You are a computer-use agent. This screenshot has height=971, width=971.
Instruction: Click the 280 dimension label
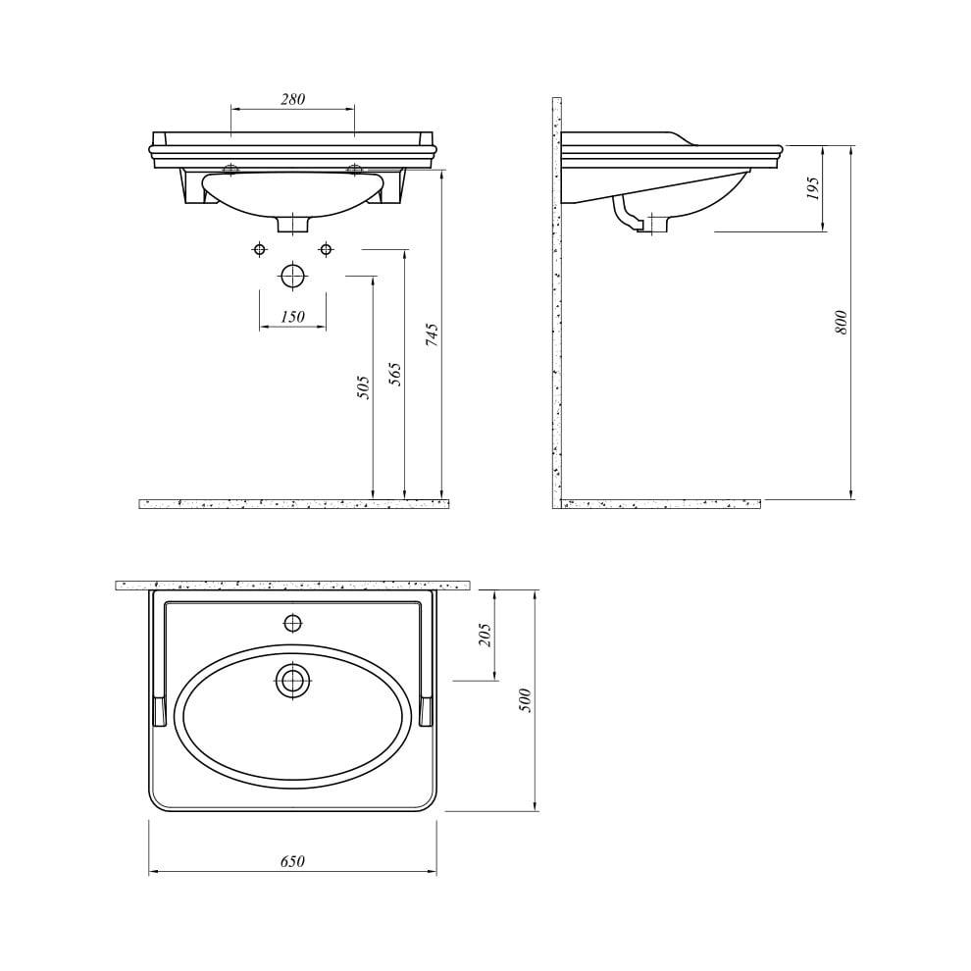292,99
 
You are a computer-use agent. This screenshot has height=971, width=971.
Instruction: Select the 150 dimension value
292,316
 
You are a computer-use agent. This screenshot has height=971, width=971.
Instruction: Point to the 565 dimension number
395,373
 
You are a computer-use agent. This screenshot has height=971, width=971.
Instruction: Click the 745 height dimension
433,335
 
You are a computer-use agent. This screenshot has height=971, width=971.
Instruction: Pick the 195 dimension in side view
812,190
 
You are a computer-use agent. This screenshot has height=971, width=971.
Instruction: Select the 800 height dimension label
841,323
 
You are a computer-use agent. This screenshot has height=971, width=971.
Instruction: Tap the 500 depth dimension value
526,700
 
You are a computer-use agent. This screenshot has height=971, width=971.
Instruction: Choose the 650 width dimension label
292,861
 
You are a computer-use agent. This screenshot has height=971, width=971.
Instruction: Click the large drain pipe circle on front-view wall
292,277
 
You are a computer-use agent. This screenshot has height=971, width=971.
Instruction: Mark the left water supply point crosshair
259,249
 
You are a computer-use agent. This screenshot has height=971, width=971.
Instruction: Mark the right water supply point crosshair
326,249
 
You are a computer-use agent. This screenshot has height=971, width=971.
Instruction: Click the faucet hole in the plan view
292,622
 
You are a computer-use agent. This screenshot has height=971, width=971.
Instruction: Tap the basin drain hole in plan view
292,680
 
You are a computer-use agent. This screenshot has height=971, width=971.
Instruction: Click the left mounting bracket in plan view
159,710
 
